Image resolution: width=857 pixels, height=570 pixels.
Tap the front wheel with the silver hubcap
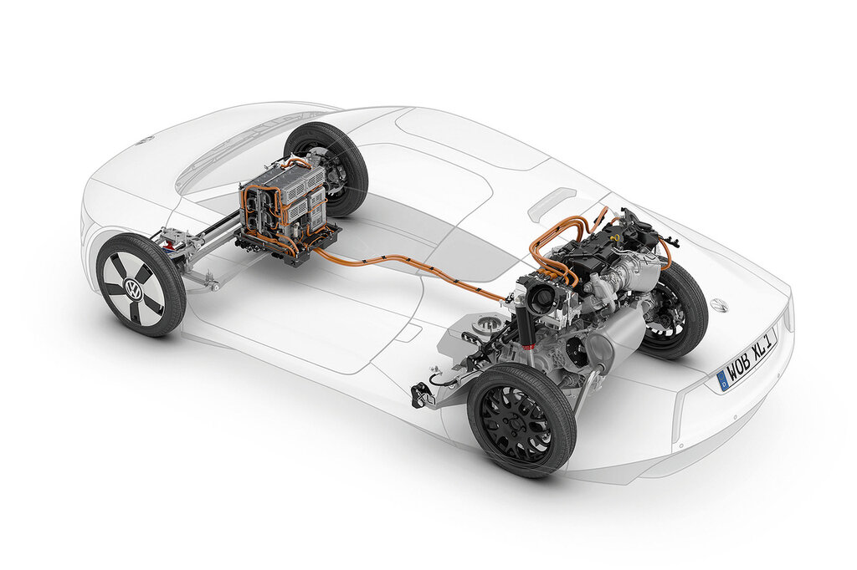click(x=141, y=284)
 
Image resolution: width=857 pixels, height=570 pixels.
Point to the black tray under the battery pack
click(x=290, y=245)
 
